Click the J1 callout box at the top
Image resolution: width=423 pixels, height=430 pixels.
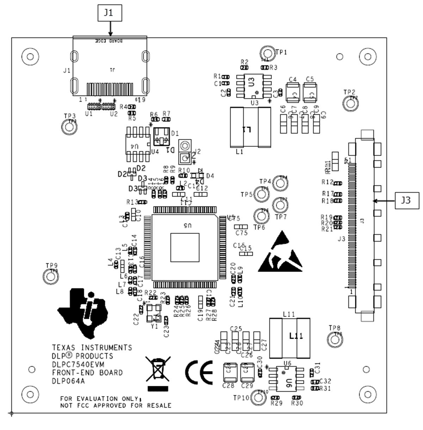(x=109, y=13)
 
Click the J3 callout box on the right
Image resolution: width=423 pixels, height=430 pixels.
(x=406, y=200)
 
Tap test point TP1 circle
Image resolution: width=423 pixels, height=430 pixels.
(x=268, y=53)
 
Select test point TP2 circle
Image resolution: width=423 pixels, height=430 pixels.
(x=350, y=104)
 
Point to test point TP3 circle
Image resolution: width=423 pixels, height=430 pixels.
(x=68, y=127)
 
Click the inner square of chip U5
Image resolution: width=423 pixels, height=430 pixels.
(x=185, y=247)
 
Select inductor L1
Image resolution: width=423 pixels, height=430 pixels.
(x=250, y=127)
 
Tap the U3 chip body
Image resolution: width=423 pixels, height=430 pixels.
(x=254, y=86)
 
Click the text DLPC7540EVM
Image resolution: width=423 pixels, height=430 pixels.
(x=78, y=364)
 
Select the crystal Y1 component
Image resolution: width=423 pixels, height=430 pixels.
(x=154, y=313)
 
